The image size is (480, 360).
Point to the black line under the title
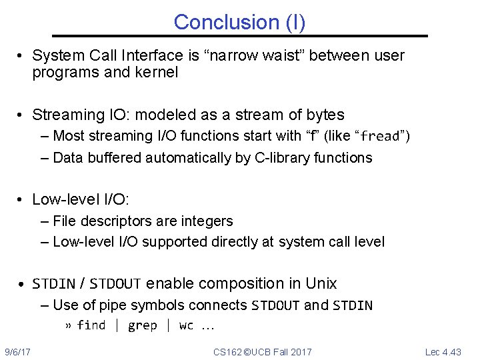(240, 36)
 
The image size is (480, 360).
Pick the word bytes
(323, 115)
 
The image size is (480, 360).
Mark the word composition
(239, 283)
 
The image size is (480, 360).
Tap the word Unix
(321, 283)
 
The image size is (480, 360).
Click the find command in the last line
(91, 325)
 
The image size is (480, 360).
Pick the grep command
(142, 325)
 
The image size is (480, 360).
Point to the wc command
(186, 325)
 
